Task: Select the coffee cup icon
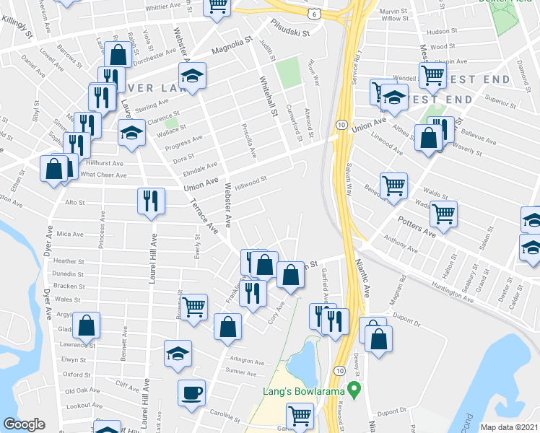[x=191, y=393]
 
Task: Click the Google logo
[x=24, y=424]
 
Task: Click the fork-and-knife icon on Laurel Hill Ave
[x=151, y=200]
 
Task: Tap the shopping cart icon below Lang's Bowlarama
[x=300, y=416]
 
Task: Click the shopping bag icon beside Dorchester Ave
[x=117, y=54]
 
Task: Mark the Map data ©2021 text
[x=510, y=427]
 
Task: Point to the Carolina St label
[x=225, y=417]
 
